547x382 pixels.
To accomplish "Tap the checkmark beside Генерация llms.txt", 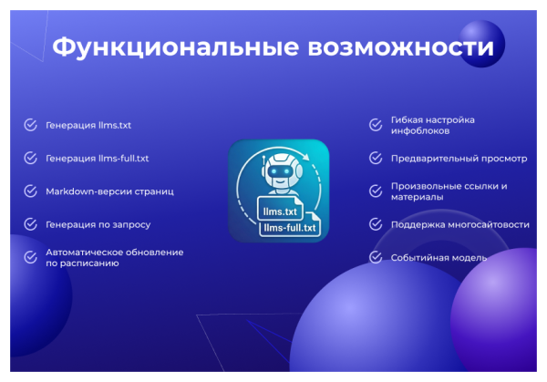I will point(31,125).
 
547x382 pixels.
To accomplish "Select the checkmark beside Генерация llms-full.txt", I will point(31,158).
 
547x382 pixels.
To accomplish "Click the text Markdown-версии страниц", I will point(109,191).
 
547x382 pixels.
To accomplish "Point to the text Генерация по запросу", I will point(98,224).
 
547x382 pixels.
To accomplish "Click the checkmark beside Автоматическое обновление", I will point(31,257).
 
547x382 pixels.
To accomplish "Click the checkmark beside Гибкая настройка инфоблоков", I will point(375,126).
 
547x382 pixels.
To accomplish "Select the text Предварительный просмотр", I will point(459,158).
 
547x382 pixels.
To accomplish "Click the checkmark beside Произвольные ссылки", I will point(375,191).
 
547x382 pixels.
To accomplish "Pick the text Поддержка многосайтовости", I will point(459,224).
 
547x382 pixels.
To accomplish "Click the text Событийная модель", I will point(439,257).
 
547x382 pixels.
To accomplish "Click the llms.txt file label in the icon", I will point(280,212).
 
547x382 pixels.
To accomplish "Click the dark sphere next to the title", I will point(480,44).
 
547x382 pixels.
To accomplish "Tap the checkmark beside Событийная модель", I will point(375,257).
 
